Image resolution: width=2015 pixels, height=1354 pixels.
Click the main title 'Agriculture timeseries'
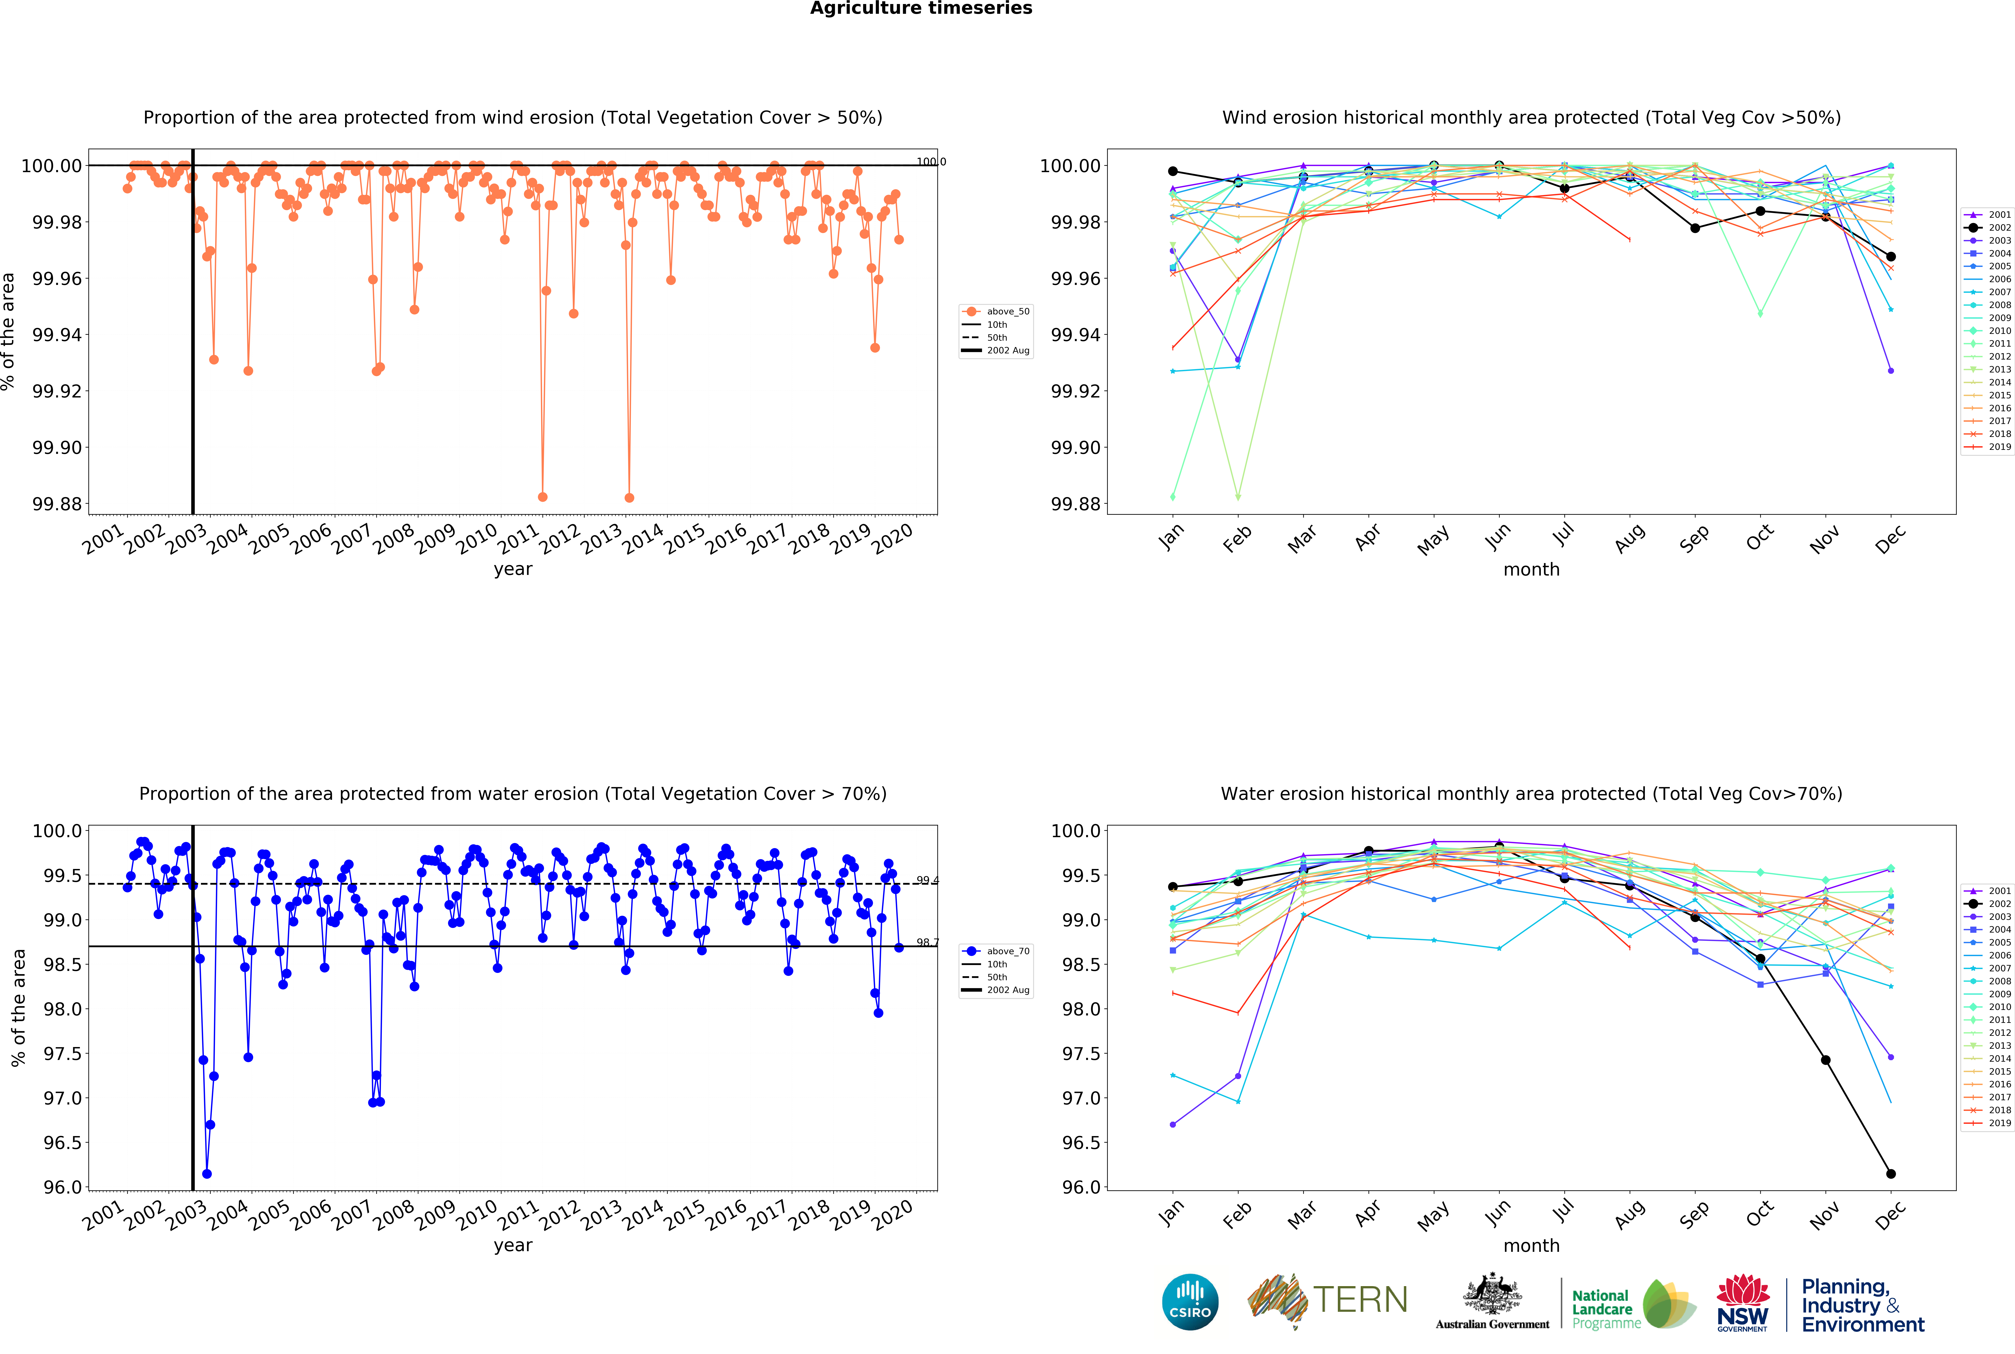click(x=920, y=9)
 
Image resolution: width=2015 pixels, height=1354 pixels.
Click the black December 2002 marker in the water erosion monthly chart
click(x=1891, y=1174)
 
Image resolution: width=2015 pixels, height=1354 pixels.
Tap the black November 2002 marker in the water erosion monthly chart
click(x=1825, y=1060)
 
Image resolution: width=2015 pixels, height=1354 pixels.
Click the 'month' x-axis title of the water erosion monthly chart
click(x=1531, y=1245)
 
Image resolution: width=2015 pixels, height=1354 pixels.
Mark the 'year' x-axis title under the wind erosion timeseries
click(x=513, y=569)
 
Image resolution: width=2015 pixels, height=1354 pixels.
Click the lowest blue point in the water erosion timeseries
click(x=206, y=1174)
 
